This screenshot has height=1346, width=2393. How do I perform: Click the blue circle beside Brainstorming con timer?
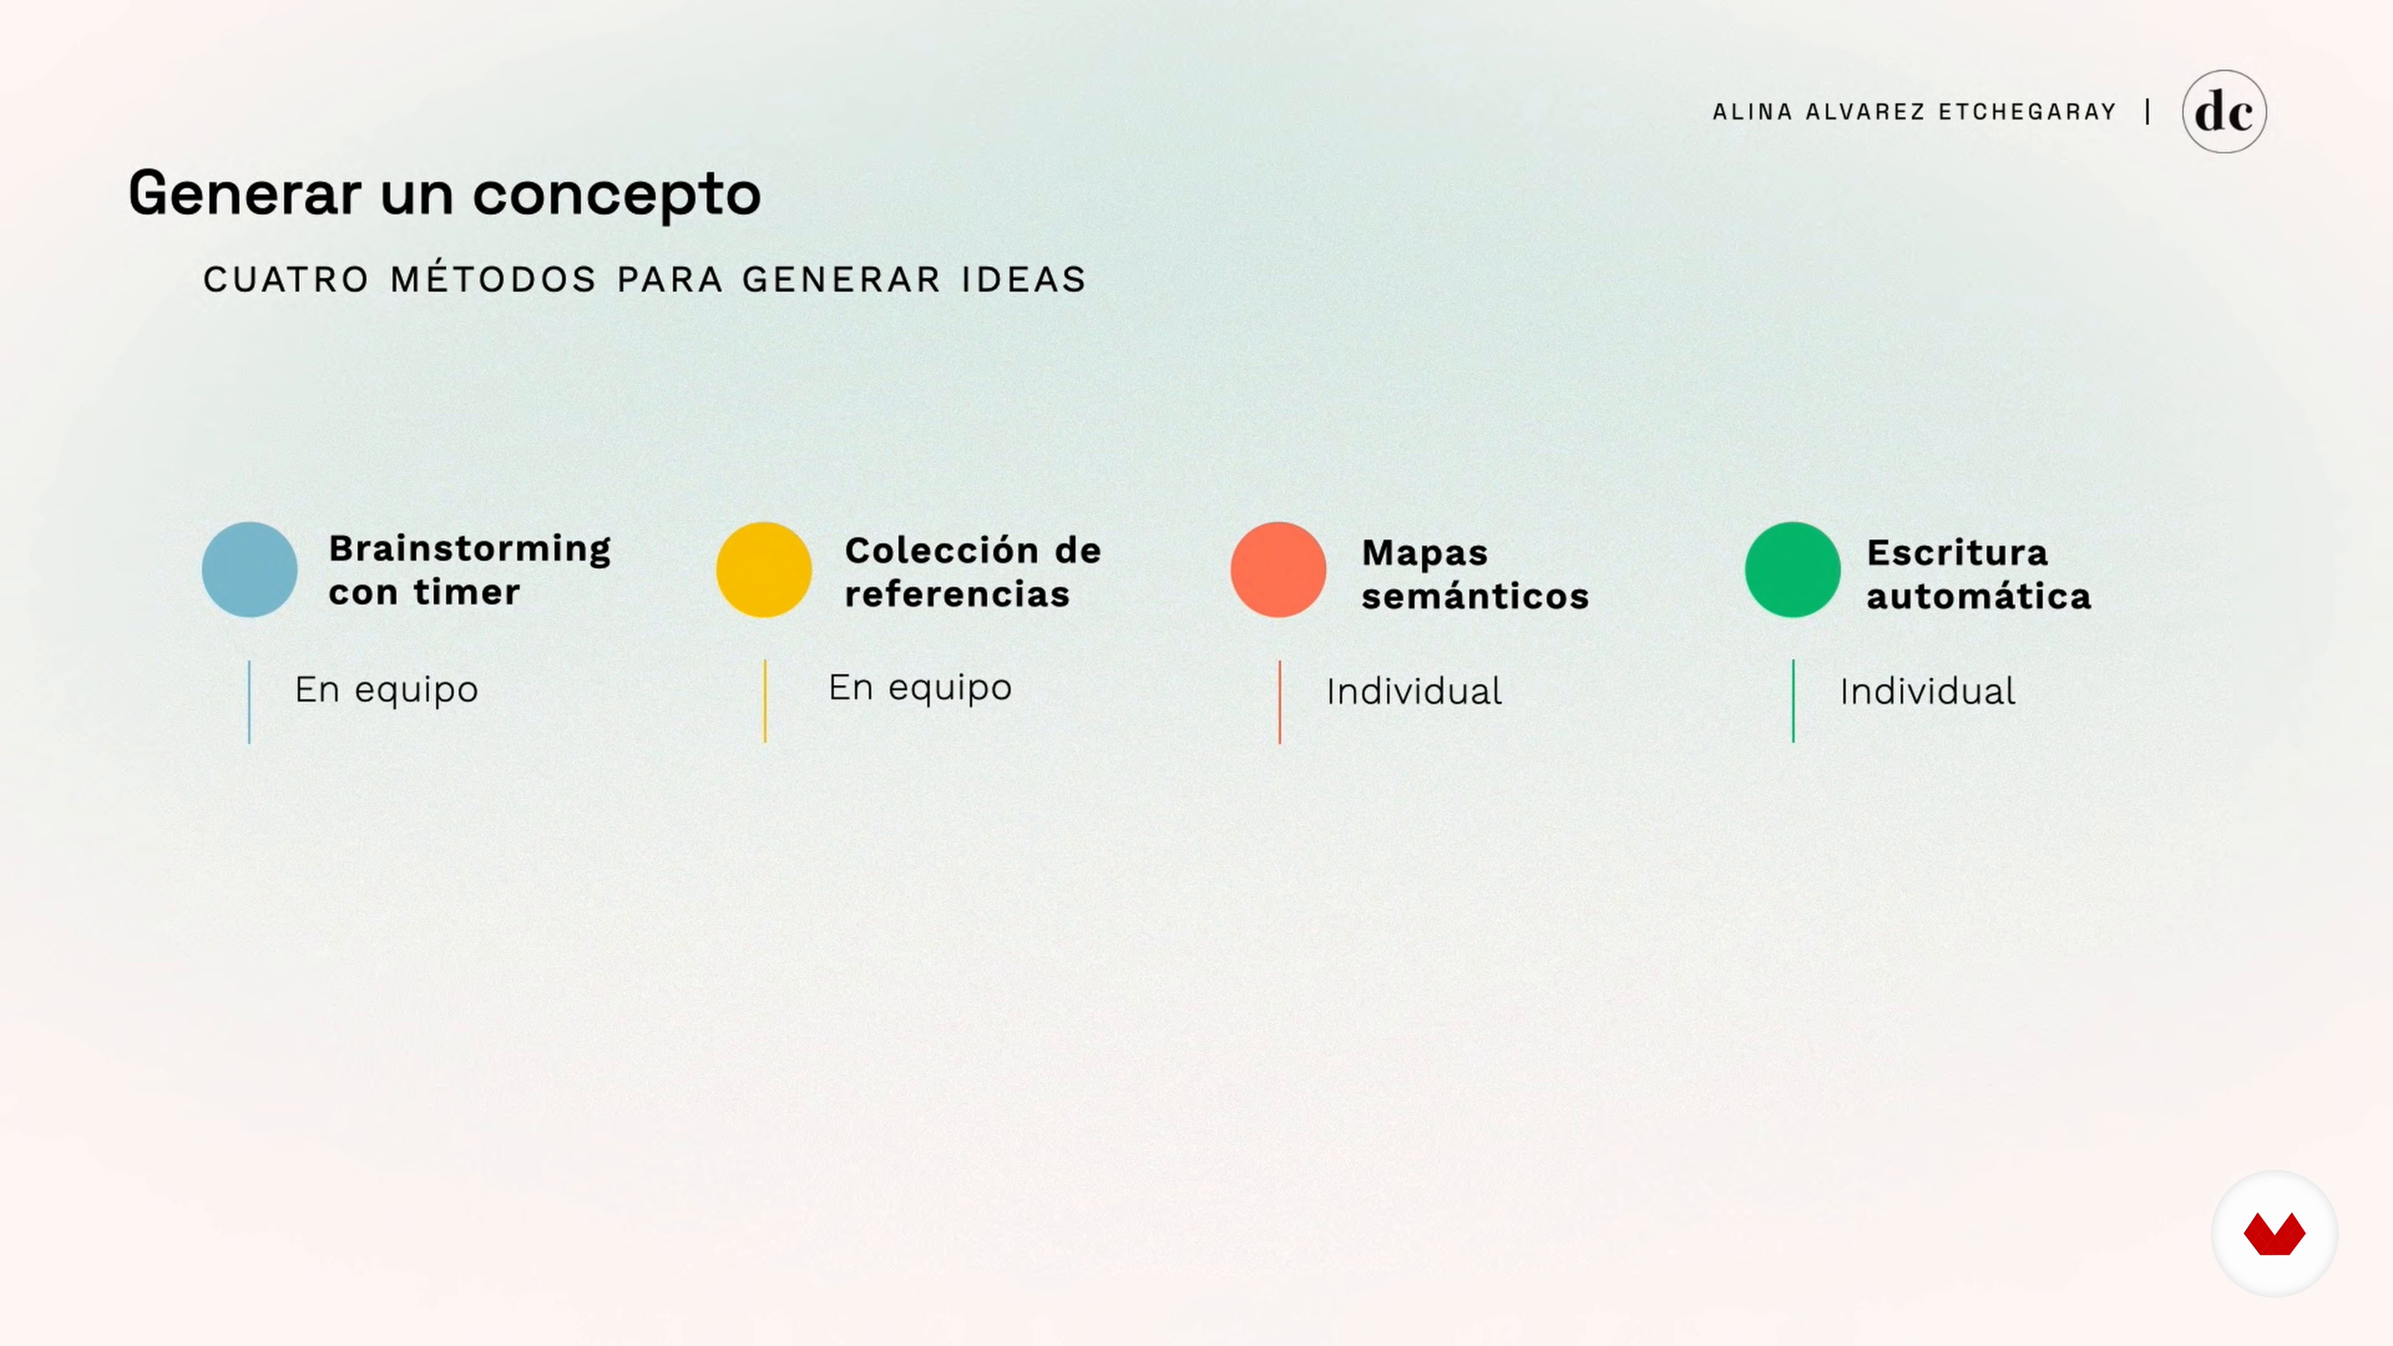click(x=249, y=570)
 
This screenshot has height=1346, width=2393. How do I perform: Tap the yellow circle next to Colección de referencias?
click(x=763, y=570)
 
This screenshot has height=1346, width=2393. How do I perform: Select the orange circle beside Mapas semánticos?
click(x=1278, y=570)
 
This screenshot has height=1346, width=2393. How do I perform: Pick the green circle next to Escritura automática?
click(x=1793, y=570)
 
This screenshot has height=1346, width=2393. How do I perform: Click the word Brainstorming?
click(x=470, y=549)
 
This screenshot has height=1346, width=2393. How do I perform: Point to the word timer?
click(x=466, y=592)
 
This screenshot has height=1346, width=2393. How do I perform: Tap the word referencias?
click(x=957, y=594)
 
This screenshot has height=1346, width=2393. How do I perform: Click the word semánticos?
click(x=1475, y=596)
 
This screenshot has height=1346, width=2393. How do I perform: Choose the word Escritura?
click(x=1957, y=553)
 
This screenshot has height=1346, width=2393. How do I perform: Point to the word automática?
click(x=1979, y=596)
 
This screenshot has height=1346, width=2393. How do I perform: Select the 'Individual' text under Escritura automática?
click(x=1927, y=691)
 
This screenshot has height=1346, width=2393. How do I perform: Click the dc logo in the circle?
click(x=2224, y=112)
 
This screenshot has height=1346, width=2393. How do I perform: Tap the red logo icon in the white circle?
click(x=2274, y=1234)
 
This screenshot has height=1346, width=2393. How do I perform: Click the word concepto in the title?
click(x=617, y=195)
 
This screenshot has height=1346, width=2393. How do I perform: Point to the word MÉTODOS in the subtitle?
click(x=492, y=279)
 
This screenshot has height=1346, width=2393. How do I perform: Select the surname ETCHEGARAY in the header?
click(x=2027, y=112)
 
